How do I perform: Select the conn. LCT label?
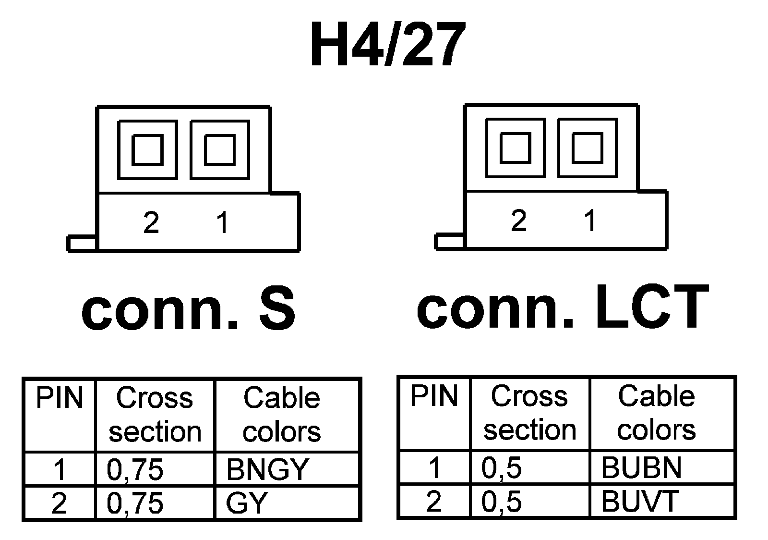tap(563, 306)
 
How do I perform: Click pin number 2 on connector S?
tap(151, 222)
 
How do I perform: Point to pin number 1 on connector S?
tap(222, 222)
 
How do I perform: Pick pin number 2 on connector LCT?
tap(519, 221)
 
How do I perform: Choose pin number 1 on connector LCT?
tap(590, 221)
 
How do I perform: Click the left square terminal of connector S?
tap(147, 150)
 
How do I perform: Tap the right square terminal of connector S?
tap(220, 150)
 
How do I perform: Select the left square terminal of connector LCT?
tap(515, 148)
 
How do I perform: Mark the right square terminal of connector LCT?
tap(588, 148)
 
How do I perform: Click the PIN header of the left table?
tap(60, 398)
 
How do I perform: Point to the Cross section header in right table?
tap(529, 413)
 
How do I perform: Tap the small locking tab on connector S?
tap(82, 244)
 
